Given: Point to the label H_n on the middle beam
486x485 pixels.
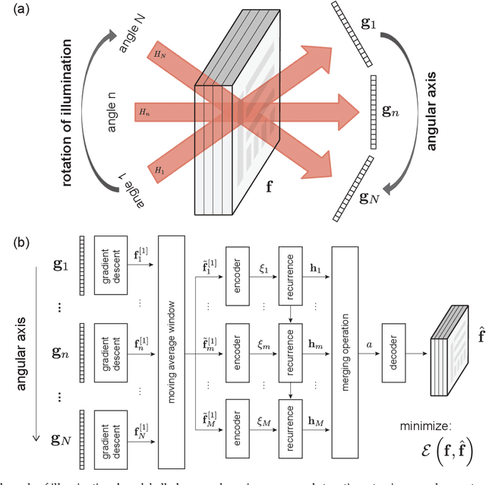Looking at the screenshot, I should pyautogui.click(x=144, y=112).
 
